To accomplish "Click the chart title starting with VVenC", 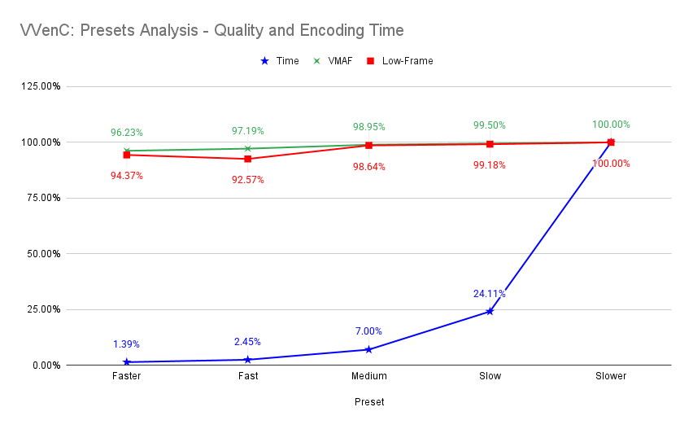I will click(211, 31).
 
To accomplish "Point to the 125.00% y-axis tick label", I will click(41, 86).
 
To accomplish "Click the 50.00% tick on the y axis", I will click(43, 253).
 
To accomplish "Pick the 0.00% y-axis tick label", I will click(46, 365).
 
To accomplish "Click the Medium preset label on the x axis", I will click(368, 376).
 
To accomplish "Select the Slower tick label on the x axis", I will click(611, 376).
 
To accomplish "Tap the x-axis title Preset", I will click(369, 402).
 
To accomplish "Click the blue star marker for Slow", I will click(490, 311).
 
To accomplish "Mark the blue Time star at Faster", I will click(127, 361).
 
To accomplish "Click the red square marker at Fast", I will click(247, 159).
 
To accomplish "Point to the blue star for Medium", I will click(368, 349).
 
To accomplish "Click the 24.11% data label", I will click(490, 294).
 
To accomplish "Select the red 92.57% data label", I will click(247, 179).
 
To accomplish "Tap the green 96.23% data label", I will click(127, 132).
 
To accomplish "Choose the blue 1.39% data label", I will click(127, 344).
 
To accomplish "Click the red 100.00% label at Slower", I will click(611, 164).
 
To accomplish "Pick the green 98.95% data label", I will click(368, 127).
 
